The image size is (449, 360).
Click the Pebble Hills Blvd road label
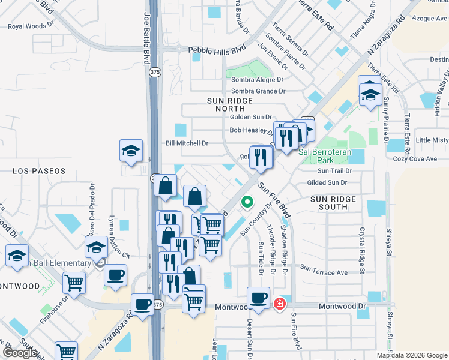[x=217, y=51]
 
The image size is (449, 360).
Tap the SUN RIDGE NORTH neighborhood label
[x=226, y=104]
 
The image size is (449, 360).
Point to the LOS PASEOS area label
[x=39, y=171]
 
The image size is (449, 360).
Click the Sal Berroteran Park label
[x=324, y=157]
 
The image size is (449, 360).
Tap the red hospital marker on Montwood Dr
[x=279, y=304]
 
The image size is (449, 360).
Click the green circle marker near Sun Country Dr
[x=246, y=202]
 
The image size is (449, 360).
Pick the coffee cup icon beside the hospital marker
[x=259, y=298]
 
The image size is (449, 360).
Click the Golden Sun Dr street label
[x=251, y=117]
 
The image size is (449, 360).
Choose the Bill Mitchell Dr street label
[x=187, y=143]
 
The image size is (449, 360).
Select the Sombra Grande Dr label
[x=258, y=91]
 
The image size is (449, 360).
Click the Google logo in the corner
[x=19, y=353]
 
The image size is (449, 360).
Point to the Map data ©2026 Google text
[x=412, y=355]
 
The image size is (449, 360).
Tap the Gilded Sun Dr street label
[x=327, y=182]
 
